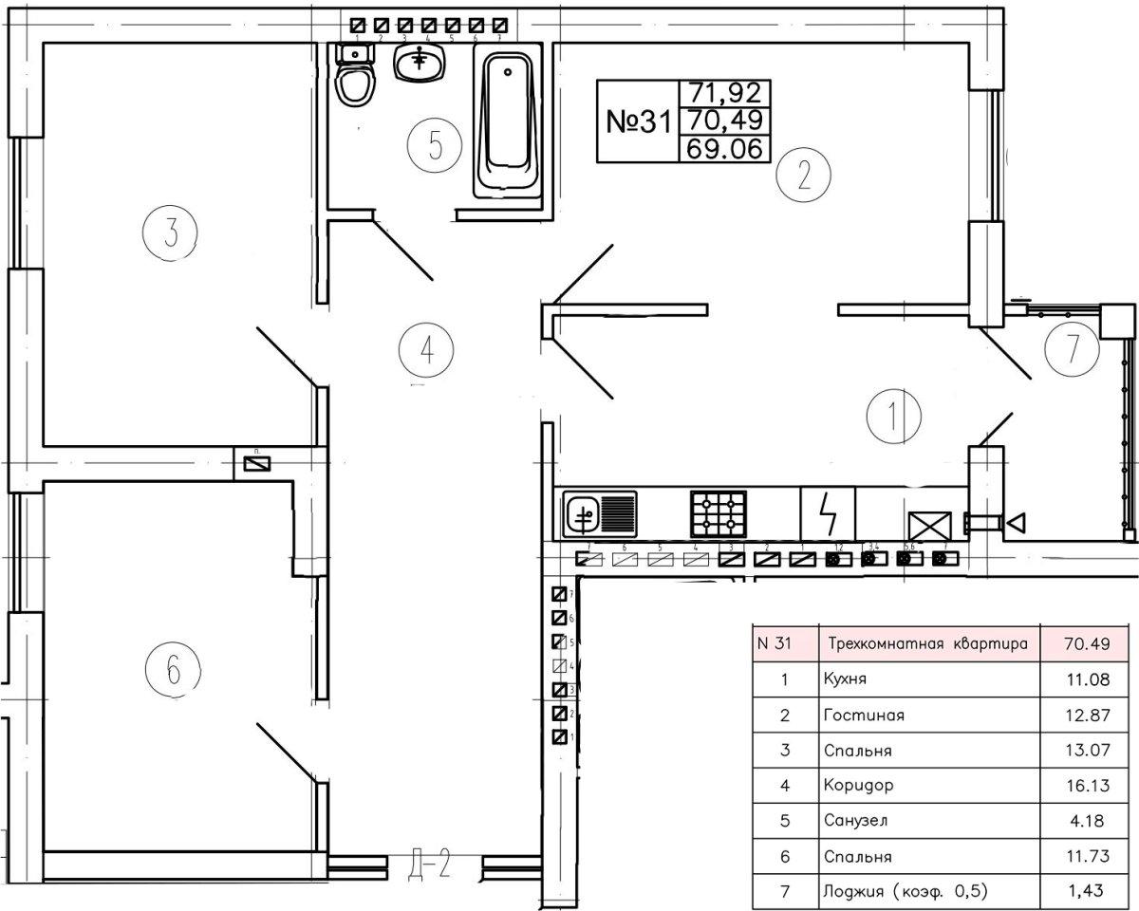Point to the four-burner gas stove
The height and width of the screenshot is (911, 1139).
(x=718, y=514)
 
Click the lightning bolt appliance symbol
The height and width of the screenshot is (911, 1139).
(x=829, y=513)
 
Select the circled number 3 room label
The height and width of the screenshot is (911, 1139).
(x=170, y=231)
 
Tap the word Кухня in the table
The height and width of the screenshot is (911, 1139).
(x=846, y=679)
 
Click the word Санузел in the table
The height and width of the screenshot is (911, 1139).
(x=856, y=821)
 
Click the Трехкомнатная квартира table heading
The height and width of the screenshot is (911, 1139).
(x=927, y=644)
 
